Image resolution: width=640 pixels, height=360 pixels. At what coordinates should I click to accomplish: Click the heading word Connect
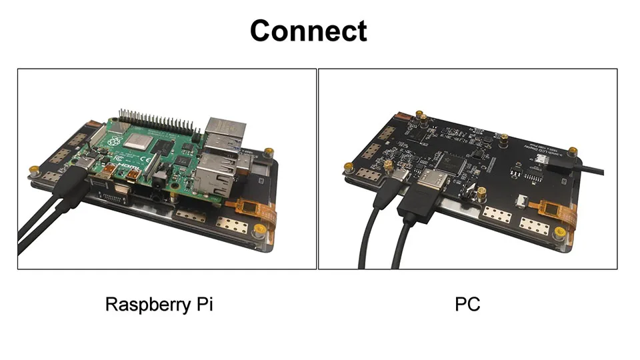coord(308,31)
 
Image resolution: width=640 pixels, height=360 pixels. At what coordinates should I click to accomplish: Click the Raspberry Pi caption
coord(159,305)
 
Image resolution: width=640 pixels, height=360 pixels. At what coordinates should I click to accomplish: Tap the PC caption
coord(467,305)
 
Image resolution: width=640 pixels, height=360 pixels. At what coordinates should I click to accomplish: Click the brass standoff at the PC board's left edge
coord(347,163)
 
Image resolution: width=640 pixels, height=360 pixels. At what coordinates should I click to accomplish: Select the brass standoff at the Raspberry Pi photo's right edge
coord(268,153)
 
